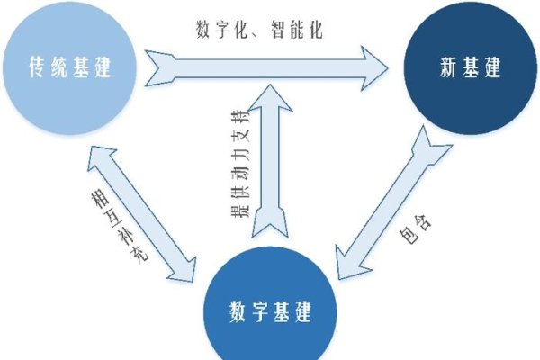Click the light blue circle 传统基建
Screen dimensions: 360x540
[72, 67]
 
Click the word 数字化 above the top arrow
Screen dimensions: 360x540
[220, 29]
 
